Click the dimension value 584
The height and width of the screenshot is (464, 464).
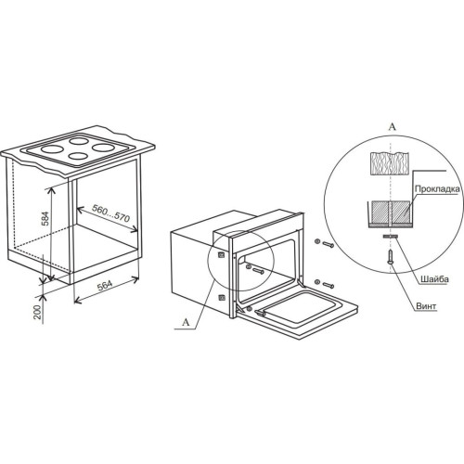tap(45, 218)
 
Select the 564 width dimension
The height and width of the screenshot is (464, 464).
tap(105, 285)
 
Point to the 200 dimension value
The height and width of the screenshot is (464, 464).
tap(37, 313)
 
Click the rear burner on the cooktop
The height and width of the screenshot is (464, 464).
tap(79, 141)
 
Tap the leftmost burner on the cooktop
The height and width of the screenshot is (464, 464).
tap(52, 149)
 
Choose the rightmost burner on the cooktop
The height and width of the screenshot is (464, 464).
tap(103, 148)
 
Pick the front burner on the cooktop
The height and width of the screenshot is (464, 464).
tap(79, 156)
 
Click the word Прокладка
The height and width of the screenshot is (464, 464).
tap(439, 188)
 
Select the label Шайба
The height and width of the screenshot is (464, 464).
tap(434, 279)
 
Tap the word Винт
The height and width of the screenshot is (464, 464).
tap(426, 306)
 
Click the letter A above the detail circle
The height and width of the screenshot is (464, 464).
tap(392, 127)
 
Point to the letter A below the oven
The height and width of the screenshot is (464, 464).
tap(186, 322)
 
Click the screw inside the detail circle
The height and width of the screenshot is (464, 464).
tap(391, 258)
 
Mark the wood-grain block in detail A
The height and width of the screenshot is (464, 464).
tap(390, 163)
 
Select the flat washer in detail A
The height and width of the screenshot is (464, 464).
tap(391, 237)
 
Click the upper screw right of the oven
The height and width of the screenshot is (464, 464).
tap(328, 244)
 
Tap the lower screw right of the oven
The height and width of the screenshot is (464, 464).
tap(328, 285)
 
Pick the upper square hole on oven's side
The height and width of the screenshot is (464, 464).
tap(222, 255)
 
